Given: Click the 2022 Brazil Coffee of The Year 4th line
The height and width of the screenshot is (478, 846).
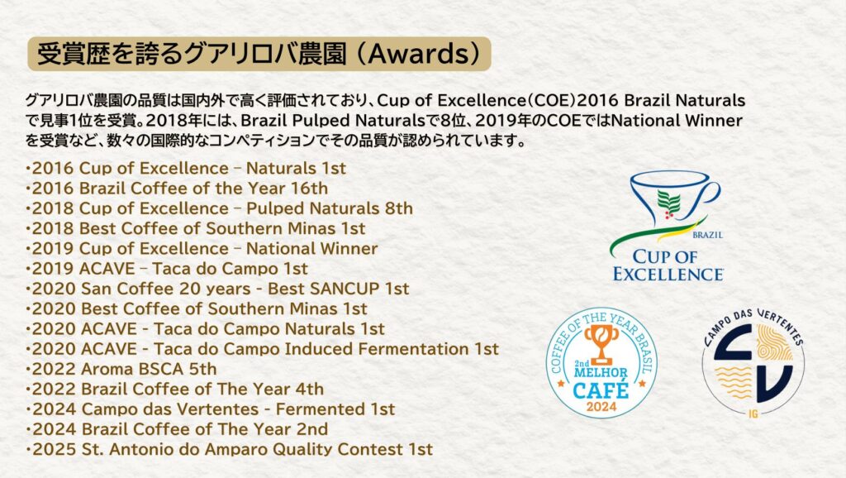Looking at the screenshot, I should click(x=176, y=389).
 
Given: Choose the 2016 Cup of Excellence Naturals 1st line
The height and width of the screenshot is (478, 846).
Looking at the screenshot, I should click(x=187, y=169).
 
